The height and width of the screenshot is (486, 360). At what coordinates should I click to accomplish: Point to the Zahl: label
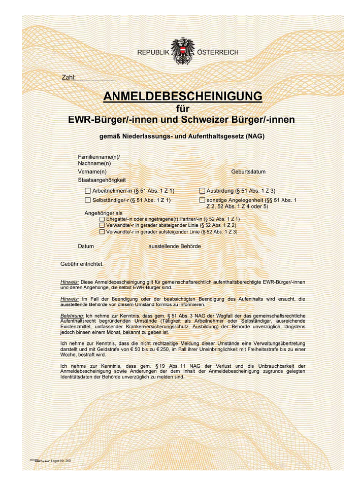[68, 78]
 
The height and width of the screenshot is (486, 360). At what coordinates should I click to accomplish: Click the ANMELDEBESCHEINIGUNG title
[183, 96]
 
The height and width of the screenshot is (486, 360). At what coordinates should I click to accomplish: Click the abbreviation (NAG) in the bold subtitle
[254, 137]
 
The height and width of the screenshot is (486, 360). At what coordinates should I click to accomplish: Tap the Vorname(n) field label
[92, 171]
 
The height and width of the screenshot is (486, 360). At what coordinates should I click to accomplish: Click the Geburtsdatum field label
[248, 171]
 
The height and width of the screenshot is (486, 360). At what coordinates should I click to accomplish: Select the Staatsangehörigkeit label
[102, 180]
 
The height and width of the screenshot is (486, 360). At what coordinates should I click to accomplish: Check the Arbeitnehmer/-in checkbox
[88, 191]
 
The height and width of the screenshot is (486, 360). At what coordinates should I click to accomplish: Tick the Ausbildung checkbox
[202, 191]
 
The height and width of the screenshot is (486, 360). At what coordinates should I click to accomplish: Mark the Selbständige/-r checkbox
[88, 200]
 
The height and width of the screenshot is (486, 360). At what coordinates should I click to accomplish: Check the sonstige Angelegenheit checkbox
[202, 200]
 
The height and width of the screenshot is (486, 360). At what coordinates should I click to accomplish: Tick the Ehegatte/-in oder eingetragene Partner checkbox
[102, 219]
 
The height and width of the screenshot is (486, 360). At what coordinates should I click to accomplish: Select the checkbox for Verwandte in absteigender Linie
[102, 225]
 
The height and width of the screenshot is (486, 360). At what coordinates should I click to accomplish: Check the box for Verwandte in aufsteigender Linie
[102, 231]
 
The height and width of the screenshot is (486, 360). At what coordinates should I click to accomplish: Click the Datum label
[86, 246]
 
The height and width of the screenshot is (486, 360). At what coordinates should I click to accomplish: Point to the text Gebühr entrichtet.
[82, 264]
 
